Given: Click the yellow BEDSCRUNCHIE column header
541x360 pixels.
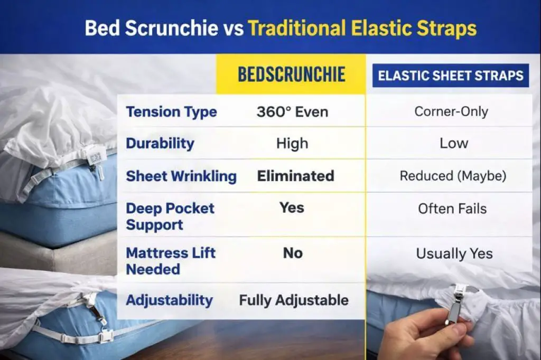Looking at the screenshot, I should tap(291, 74).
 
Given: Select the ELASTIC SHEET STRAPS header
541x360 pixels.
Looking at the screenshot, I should tap(451, 75).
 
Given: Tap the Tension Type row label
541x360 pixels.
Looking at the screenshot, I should tap(171, 112).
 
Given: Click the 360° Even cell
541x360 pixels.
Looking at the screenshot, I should tap(292, 112).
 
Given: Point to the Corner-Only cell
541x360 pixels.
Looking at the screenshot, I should tap(451, 112).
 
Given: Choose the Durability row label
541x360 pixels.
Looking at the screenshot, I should tap(160, 143).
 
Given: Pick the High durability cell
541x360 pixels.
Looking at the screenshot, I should tap(292, 144).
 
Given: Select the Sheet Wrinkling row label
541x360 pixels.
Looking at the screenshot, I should tap(181, 176).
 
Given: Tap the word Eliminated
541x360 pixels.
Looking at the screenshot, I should tap(295, 176).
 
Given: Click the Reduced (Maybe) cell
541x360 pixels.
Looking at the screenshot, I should tap(453, 176).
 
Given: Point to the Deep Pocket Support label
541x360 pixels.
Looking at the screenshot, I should tap(170, 216).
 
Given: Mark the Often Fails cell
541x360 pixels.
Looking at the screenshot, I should tap(452, 209).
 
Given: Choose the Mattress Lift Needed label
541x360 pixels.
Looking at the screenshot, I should tap(170, 261).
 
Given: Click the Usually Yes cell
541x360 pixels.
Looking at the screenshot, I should tap(454, 253).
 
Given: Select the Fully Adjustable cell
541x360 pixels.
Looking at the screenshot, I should tap(294, 300).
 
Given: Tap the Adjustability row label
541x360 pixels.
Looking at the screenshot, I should tap(169, 300).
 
